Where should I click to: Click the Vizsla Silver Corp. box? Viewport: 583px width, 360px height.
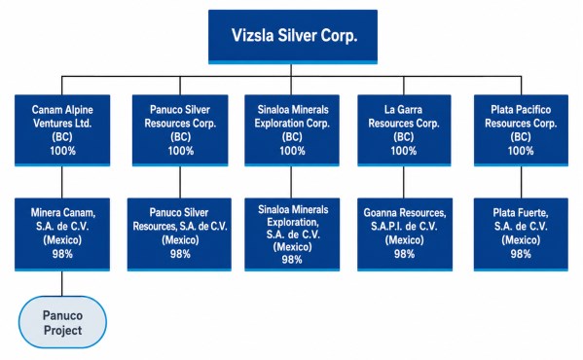293,37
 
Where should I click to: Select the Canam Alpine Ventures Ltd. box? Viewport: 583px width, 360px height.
62,130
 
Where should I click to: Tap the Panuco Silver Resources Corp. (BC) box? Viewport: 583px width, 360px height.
180,130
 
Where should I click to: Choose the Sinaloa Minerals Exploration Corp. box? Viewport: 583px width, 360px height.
292,130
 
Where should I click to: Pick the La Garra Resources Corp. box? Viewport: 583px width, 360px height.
404,130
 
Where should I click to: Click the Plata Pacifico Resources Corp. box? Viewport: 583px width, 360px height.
521,130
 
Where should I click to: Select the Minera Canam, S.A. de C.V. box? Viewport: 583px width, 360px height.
62,234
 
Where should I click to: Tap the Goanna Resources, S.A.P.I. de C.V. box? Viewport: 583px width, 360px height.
405,234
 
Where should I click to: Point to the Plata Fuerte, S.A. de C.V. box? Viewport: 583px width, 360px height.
521,234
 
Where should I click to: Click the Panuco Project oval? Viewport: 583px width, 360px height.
62,322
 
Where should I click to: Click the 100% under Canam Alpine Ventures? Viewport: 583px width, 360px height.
63,151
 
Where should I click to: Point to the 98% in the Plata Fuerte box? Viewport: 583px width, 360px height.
521,254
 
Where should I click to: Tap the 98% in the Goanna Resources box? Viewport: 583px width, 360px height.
405,254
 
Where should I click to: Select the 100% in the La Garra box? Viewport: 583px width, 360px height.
403,151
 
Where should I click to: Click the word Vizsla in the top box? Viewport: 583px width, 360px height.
253,36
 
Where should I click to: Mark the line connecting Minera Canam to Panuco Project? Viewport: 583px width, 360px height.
62,283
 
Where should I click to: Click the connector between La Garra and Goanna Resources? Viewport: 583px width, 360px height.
404,182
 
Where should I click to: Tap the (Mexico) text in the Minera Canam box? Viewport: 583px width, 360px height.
62,240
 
